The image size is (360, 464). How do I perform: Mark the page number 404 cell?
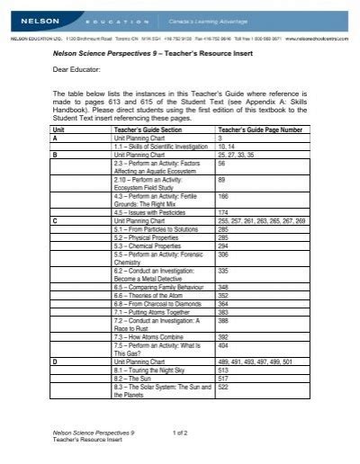coord(224,345)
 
